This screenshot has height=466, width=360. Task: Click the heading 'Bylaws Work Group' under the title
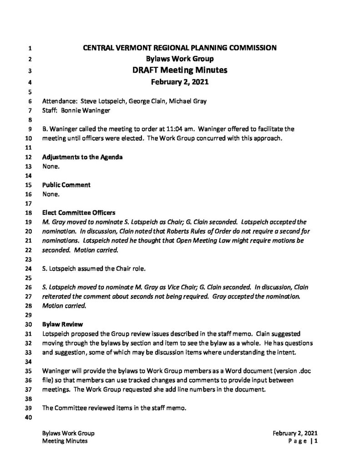point(180,59)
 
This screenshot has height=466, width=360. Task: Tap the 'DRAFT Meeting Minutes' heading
point(180,71)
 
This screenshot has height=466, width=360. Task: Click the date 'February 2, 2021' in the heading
point(180,82)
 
